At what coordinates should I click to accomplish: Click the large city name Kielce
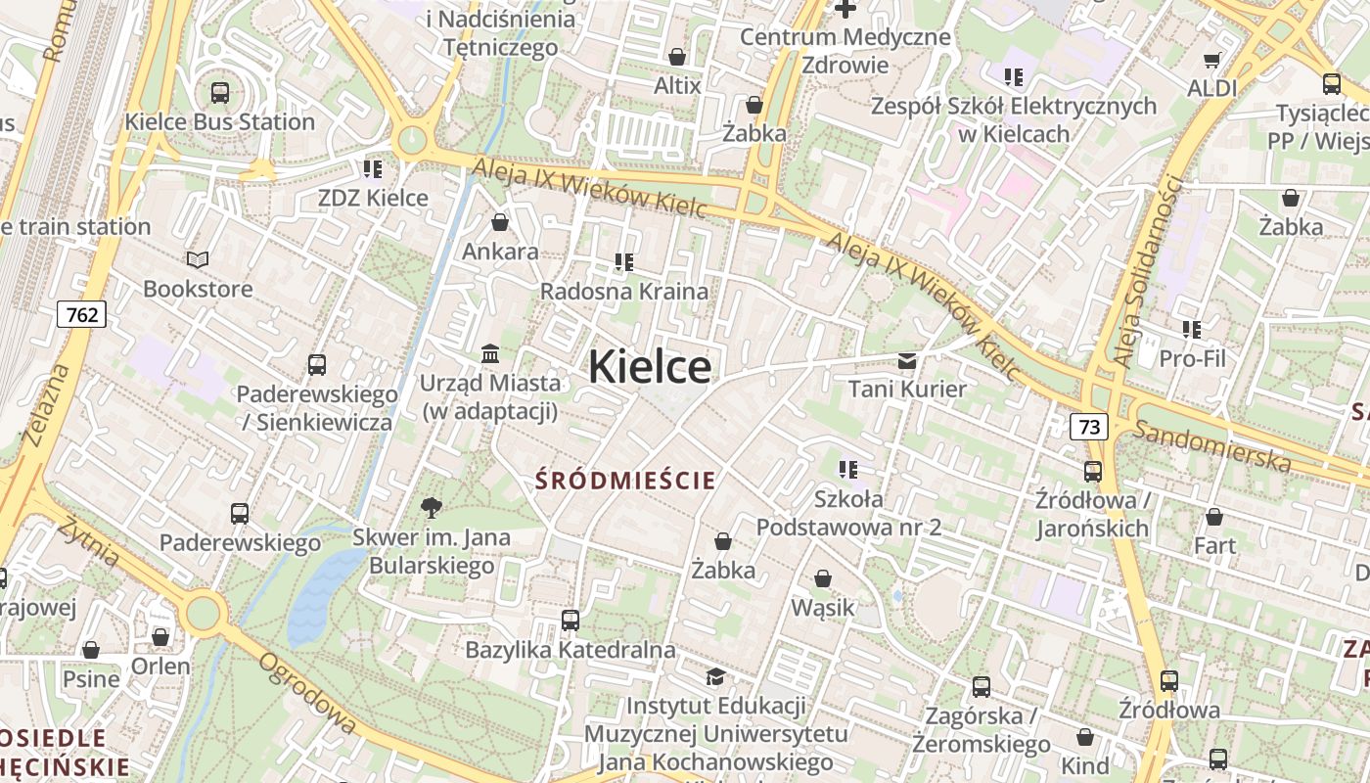pyautogui.click(x=650, y=367)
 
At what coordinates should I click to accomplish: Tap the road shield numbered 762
pyautogui.click(x=82, y=314)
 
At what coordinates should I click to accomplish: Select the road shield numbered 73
pyautogui.click(x=1089, y=427)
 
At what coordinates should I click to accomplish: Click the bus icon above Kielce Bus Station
pyautogui.click(x=220, y=93)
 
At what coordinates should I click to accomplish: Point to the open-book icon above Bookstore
pyautogui.click(x=198, y=260)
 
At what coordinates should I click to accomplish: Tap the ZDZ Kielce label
pyautogui.click(x=373, y=198)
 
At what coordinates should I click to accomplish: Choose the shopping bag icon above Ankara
pyautogui.click(x=500, y=222)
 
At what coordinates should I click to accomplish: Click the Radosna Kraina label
pyautogui.click(x=623, y=291)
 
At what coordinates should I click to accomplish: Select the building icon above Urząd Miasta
pyautogui.click(x=490, y=352)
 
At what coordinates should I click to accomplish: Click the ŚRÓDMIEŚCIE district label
pyautogui.click(x=626, y=481)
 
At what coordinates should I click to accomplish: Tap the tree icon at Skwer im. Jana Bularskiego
pyautogui.click(x=431, y=507)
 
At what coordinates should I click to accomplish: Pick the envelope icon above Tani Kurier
pyautogui.click(x=907, y=361)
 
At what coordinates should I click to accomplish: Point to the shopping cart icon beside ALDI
pyautogui.click(x=1212, y=61)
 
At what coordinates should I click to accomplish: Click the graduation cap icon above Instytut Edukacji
pyautogui.click(x=716, y=677)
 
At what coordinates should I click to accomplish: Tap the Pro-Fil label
pyautogui.click(x=1192, y=358)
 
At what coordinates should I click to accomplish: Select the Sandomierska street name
pyautogui.click(x=1211, y=444)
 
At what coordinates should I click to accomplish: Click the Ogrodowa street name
pyautogui.click(x=306, y=692)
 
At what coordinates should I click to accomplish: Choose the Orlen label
pyautogui.click(x=160, y=666)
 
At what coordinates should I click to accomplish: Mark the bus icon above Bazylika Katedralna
pyautogui.click(x=571, y=620)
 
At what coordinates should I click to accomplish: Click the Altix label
pyautogui.click(x=677, y=85)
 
